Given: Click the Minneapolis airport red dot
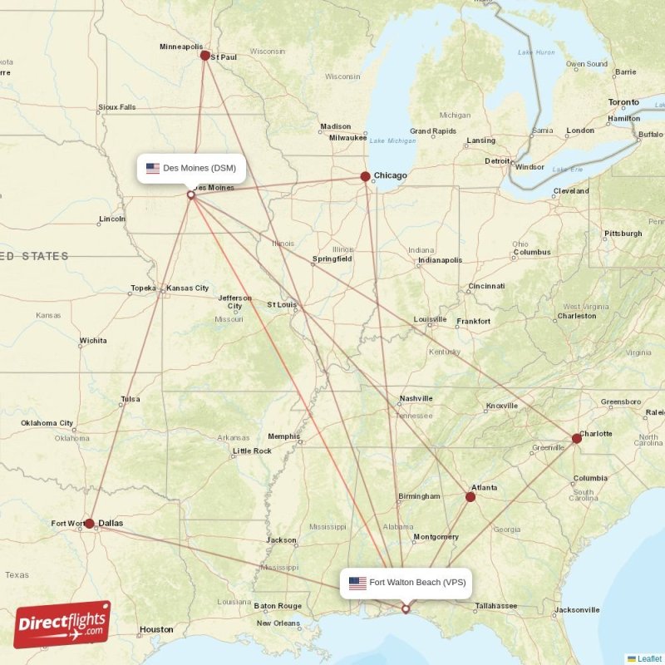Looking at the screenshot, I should click(205, 56).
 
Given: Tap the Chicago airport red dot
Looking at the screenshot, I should click(365, 176).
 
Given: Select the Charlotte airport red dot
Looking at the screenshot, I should click(577, 438).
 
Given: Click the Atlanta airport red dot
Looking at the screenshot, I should click(470, 497).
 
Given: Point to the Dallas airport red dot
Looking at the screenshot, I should click(89, 524).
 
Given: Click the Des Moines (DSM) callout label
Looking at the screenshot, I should click(191, 168).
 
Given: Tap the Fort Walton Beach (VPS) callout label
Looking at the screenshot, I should click(406, 583).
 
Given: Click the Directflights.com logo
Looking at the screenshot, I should click(62, 624).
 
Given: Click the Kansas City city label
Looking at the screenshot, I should click(187, 288).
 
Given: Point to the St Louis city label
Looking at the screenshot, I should click(282, 305).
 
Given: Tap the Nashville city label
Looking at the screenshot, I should click(416, 398).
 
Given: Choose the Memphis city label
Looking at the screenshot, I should click(283, 436).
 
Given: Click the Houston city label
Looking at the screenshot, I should click(156, 629).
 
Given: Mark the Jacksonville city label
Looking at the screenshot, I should click(577, 610).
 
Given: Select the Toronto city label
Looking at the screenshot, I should click(623, 102).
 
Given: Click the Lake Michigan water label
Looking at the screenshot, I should click(392, 140).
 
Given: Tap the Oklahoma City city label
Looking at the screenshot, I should click(47, 423).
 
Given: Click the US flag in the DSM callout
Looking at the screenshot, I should click(153, 168).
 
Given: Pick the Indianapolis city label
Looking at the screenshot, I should click(441, 260).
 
